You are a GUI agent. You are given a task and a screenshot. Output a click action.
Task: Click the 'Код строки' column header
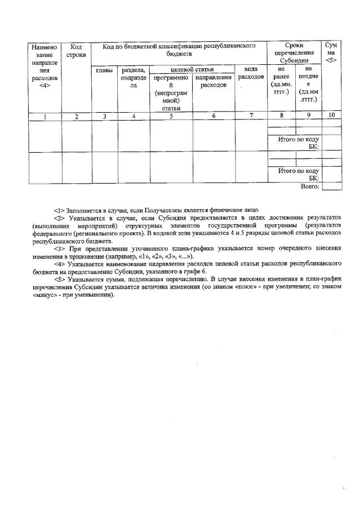75,50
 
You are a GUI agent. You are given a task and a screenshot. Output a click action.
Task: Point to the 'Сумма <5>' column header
331,52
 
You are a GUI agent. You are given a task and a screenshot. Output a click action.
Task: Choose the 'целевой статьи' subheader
192,69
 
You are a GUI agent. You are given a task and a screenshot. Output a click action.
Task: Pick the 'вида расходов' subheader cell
251,73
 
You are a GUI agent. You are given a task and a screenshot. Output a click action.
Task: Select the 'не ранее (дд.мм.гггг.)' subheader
281,81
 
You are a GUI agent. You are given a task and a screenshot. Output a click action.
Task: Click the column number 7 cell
251,116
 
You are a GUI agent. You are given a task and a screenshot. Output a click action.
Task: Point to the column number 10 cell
331,116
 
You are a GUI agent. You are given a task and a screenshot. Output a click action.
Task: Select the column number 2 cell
75,116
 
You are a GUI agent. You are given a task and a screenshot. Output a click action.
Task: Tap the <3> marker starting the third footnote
58,248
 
